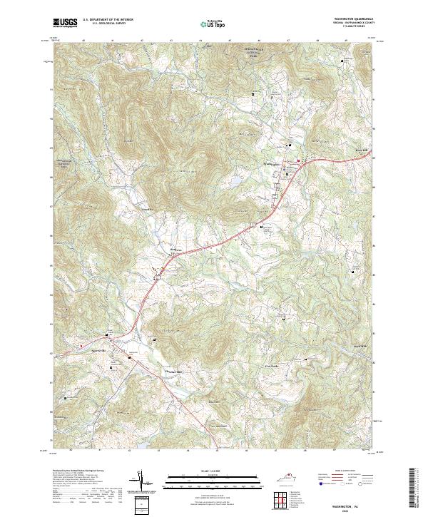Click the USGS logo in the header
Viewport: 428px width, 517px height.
(65, 23)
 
